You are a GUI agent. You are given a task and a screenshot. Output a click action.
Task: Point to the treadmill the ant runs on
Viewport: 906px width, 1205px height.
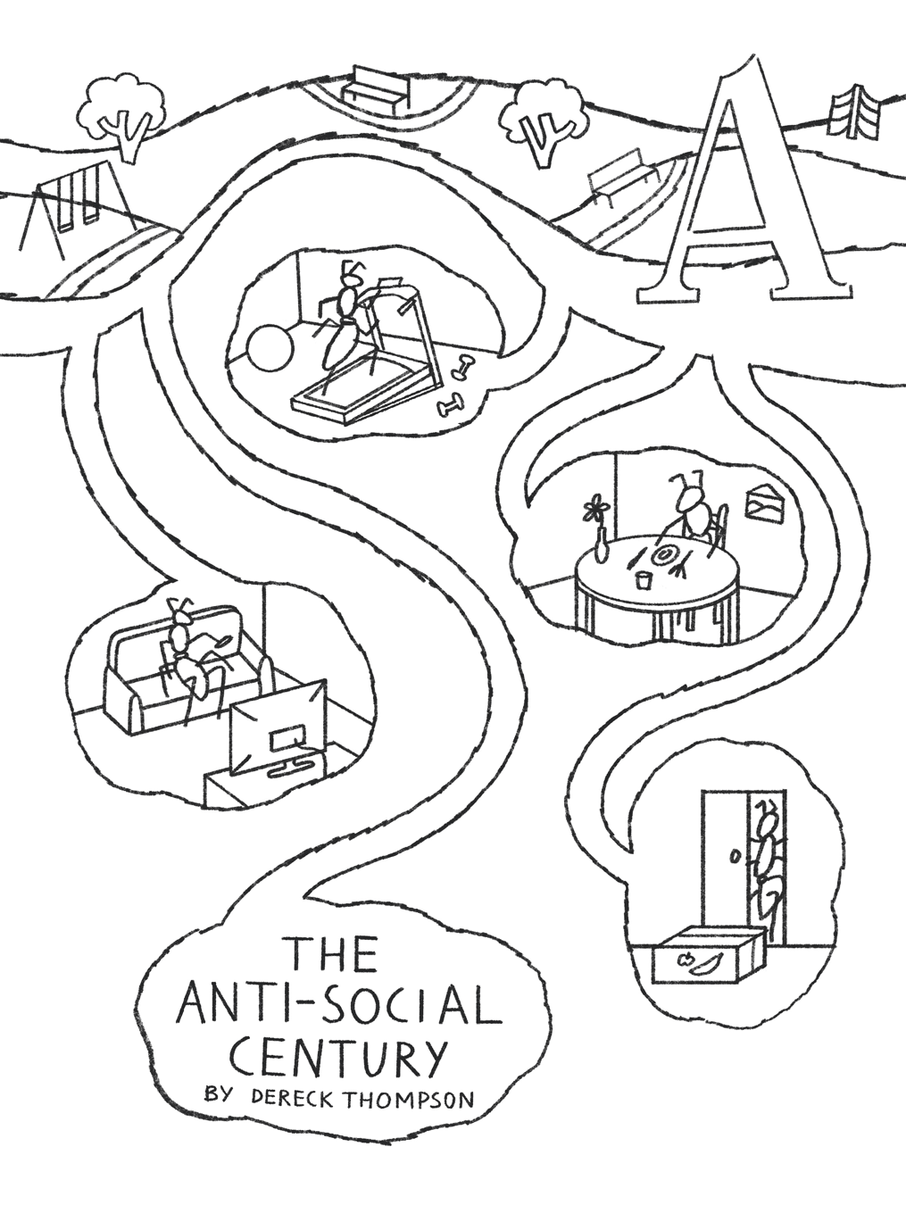pyautogui.click(x=366, y=379)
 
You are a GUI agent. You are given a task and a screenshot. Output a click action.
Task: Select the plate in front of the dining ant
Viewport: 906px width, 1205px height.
pyautogui.click(x=665, y=556)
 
